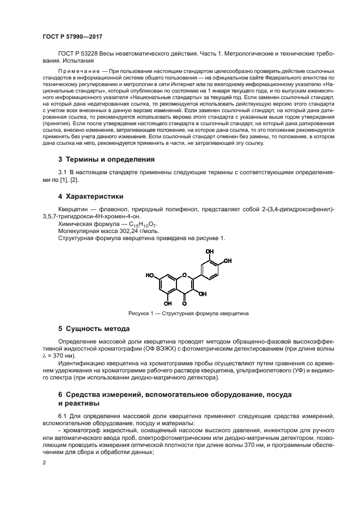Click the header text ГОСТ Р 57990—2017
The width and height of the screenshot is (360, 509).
(x=72, y=37)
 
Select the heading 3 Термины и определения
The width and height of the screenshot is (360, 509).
(x=106, y=160)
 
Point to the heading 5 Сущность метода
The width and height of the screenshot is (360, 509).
(x=94, y=329)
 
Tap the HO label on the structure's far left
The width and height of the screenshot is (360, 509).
(x=149, y=275)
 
